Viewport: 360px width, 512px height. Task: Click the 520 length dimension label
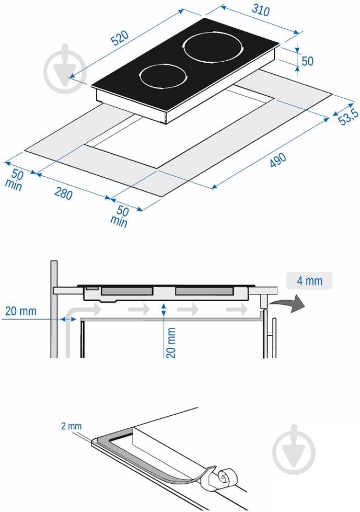pyautogui.click(x=120, y=38)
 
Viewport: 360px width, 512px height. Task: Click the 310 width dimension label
pyautogui.click(x=261, y=10)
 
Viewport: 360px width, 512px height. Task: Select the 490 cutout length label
pyautogui.click(x=278, y=160)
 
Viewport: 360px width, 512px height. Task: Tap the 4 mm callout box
pyautogui.click(x=309, y=280)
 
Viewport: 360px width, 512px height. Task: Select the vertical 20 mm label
pyautogui.click(x=171, y=343)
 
